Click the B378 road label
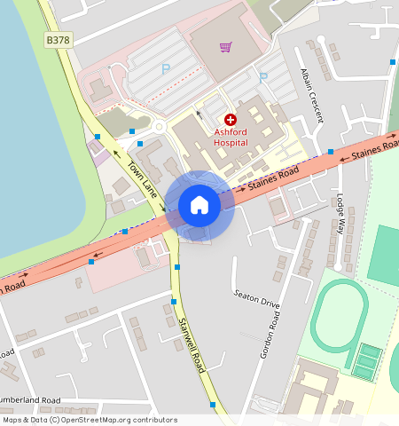click(x=57, y=40)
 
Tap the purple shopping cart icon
click(x=225, y=47)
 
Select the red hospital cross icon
click(x=231, y=119)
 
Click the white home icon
click(x=199, y=206)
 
